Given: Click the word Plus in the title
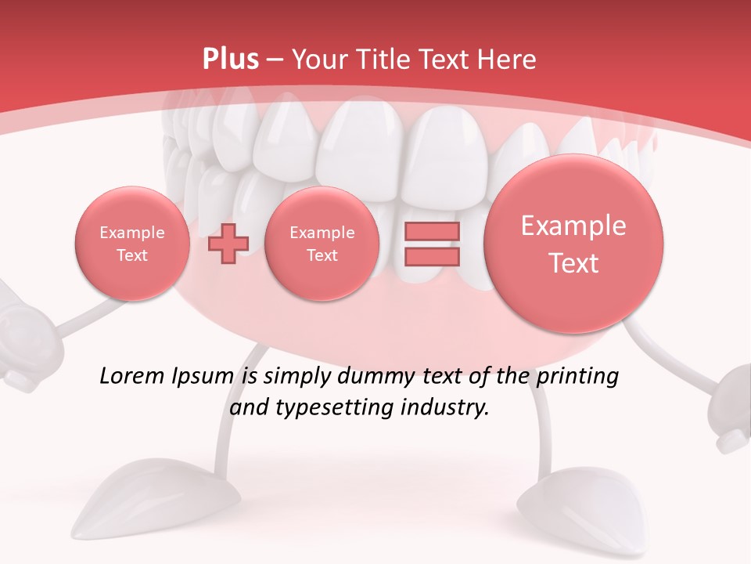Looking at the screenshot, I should click(230, 60).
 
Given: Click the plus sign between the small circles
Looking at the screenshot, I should click(228, 244).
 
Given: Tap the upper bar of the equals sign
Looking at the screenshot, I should click(431, 231).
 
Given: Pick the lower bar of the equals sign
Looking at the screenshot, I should click(431, 257).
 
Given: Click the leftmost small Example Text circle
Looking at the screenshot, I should click(132, 244).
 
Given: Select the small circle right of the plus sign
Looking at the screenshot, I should click(322, 244).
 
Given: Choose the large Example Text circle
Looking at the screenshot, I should click(573, 244).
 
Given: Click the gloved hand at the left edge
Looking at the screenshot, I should click(20, 337).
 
